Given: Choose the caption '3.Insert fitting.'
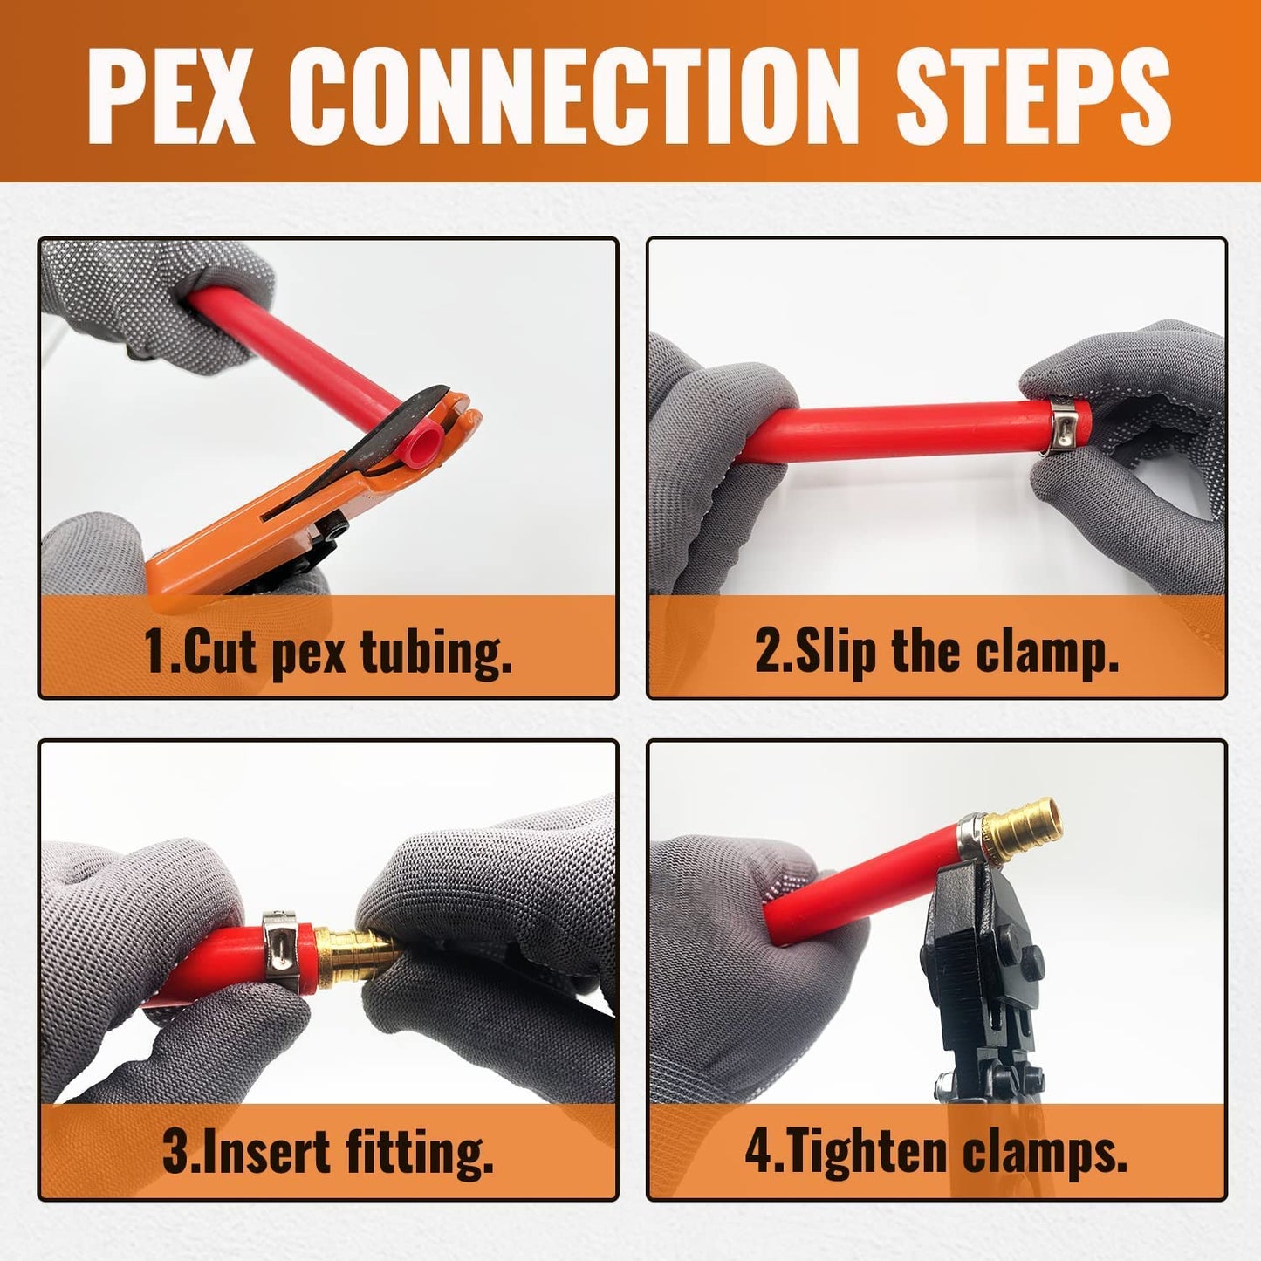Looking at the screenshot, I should (x=328, y=1152).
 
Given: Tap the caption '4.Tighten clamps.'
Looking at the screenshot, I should (x=936, y=1152).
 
